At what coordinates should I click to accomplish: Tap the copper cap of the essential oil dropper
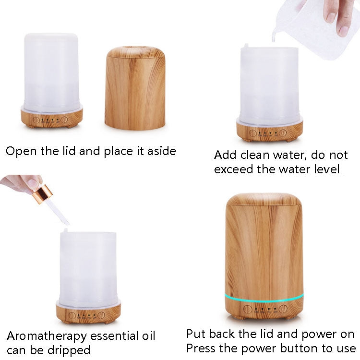click(43, 195)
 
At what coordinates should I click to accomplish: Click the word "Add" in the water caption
click(225, 156)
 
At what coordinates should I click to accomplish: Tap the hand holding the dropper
click(22, 183)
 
